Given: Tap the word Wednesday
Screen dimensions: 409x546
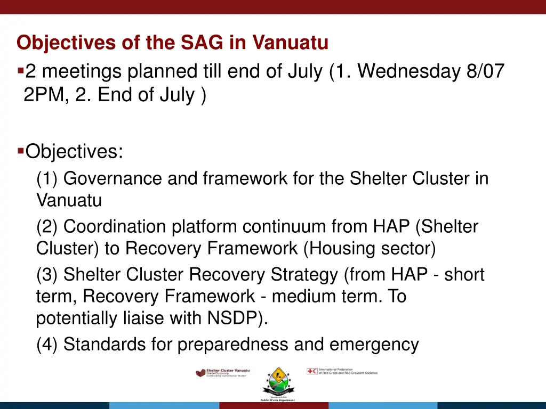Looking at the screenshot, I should coord(409,71).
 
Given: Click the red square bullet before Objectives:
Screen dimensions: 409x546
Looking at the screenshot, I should coord(20,151).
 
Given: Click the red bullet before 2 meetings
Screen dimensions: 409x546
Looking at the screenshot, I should coord(20,70).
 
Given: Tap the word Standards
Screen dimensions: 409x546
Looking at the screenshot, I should coord(102,345).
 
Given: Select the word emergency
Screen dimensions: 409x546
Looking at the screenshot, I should coord(374,345).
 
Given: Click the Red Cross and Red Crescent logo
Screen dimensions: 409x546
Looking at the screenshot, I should coord(342,371).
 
